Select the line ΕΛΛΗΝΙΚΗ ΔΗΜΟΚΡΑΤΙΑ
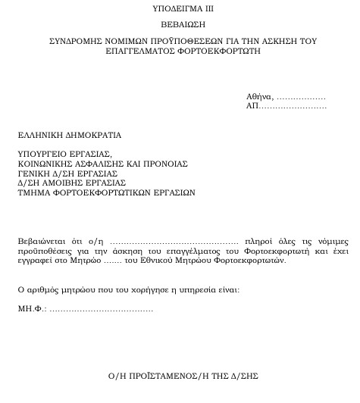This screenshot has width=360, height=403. click(x=70, y=136)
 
